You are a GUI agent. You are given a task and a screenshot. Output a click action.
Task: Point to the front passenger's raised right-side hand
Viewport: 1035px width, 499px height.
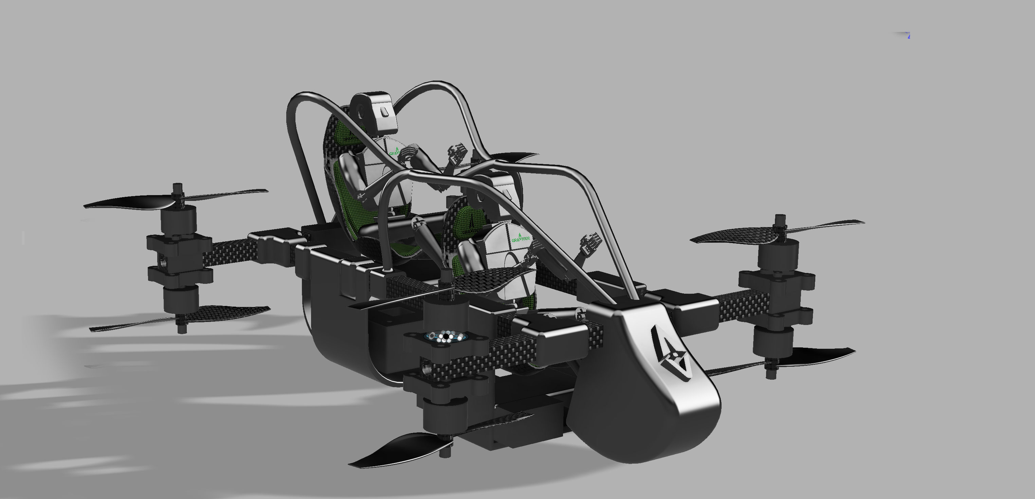click(x=591, y=244)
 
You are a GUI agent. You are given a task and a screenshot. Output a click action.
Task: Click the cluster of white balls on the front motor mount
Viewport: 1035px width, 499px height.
click(x=445, y=336)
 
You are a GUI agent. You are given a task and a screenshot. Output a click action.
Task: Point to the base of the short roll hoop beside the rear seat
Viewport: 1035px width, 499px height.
click(x=388, y=268)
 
